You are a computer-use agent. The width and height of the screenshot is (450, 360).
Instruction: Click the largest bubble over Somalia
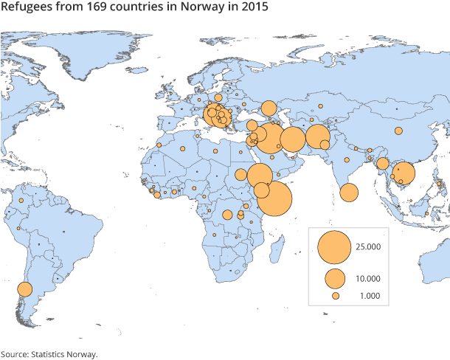click(274, 197)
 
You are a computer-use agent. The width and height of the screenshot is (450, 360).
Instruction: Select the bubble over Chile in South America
click(24, 289)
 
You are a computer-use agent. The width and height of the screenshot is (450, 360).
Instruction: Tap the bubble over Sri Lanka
click(349, 193)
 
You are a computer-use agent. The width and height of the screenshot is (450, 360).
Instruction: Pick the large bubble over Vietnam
click(404, 174)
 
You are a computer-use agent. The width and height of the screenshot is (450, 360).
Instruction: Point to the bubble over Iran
click(293, 139)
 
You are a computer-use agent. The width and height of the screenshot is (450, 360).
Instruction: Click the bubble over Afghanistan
click(318, 136)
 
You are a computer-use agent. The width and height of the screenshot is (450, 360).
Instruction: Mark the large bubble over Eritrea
click(260, 176)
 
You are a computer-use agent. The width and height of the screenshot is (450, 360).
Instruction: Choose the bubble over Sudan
click(240, 176)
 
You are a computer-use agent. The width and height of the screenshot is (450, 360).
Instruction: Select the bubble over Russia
click(269, 108)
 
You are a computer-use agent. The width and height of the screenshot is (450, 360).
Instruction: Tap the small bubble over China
click(398, 131)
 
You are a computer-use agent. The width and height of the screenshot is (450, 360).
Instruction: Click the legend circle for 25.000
click(334, 246)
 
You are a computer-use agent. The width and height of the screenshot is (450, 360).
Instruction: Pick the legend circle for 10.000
click(335, 278)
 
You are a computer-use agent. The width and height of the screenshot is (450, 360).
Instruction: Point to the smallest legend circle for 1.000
click(335, 296)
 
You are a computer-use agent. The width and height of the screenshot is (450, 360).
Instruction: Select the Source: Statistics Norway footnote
click(49, 353)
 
